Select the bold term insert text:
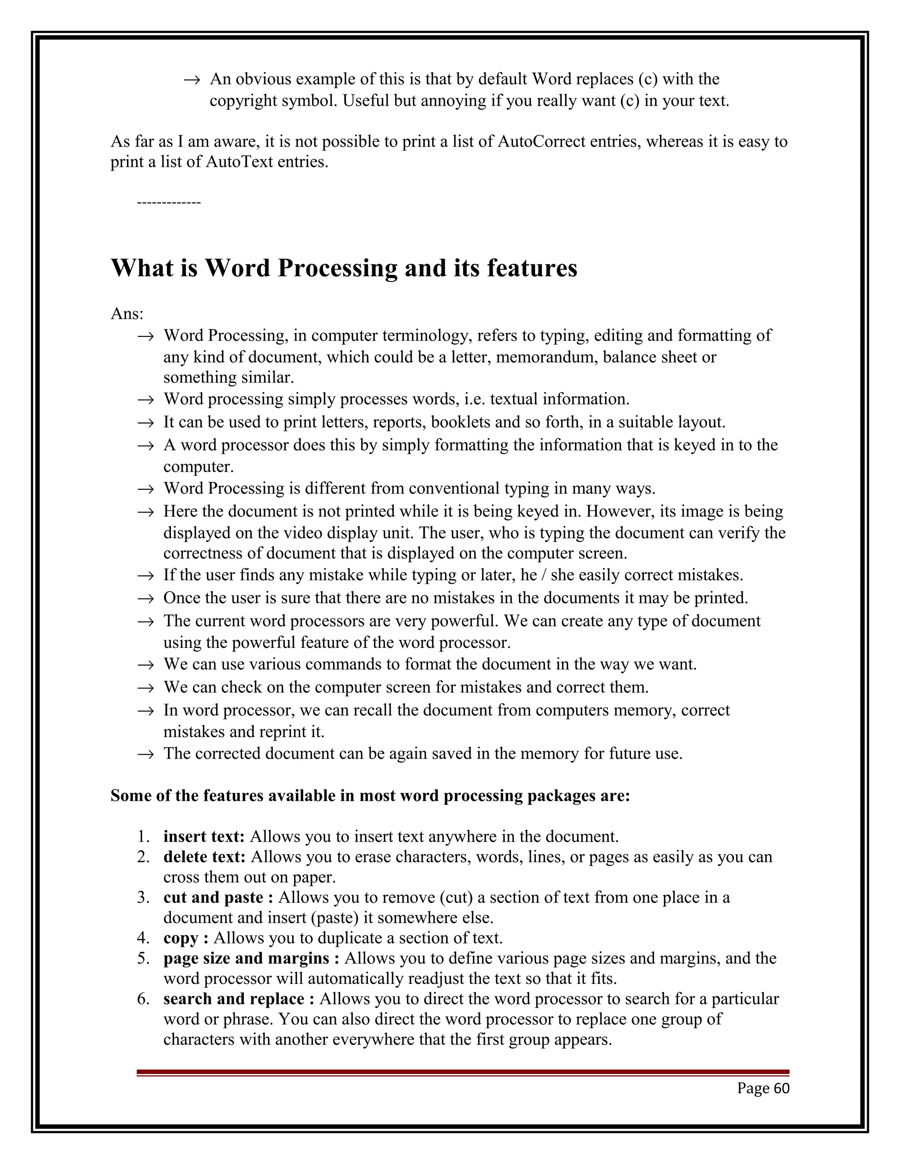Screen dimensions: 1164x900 (x=203, y=836)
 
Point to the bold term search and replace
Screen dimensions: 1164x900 (x=234, y=998)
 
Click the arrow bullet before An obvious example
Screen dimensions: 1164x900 (x=192, y=80)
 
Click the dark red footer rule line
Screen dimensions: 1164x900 (x=462, y=1072)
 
